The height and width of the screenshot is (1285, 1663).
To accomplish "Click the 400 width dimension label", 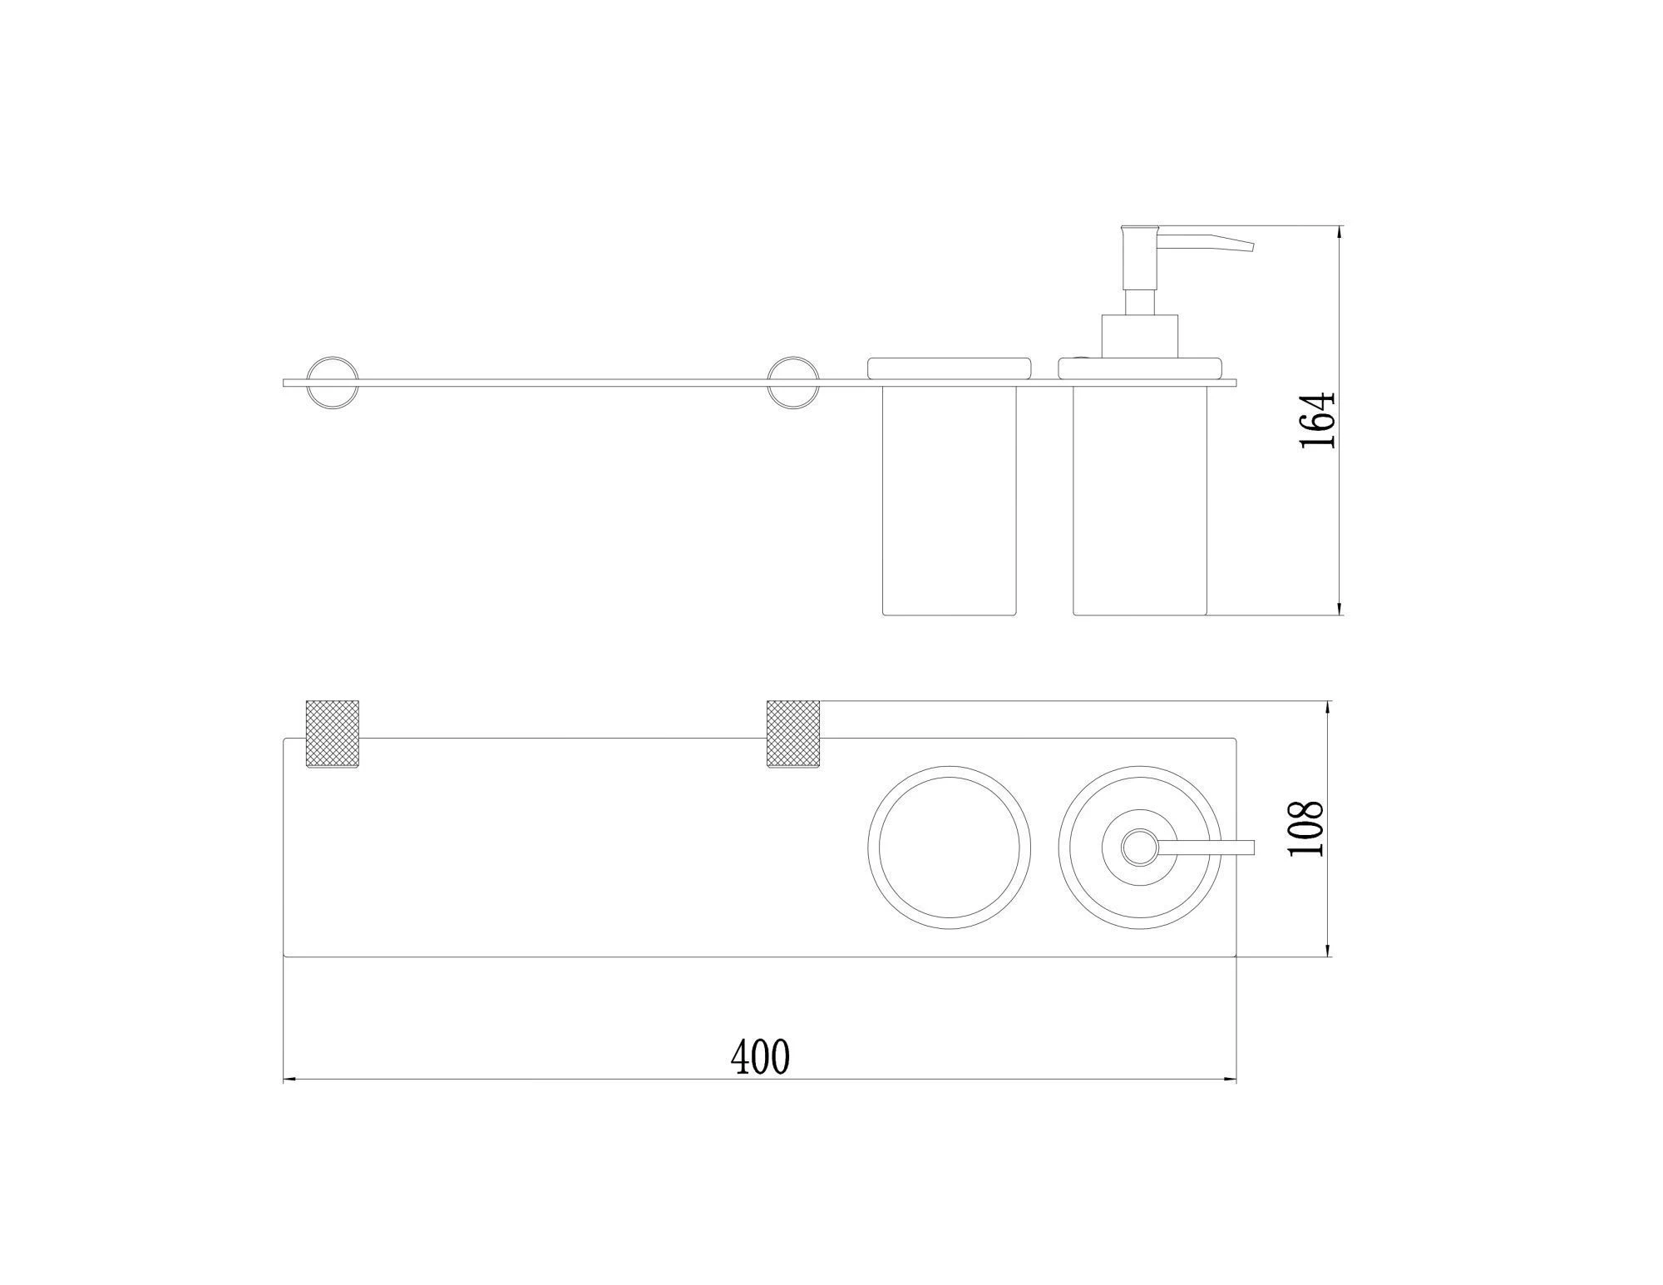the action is click(760, 1057).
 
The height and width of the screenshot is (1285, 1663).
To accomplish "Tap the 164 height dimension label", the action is click(1317, 420).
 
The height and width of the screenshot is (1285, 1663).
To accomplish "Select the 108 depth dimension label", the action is click(1304, 829).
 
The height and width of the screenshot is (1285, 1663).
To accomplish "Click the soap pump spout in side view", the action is click(1207, 242).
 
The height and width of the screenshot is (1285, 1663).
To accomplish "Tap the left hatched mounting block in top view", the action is click(333, 734).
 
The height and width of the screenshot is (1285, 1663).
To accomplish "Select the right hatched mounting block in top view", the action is click(792, 734).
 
